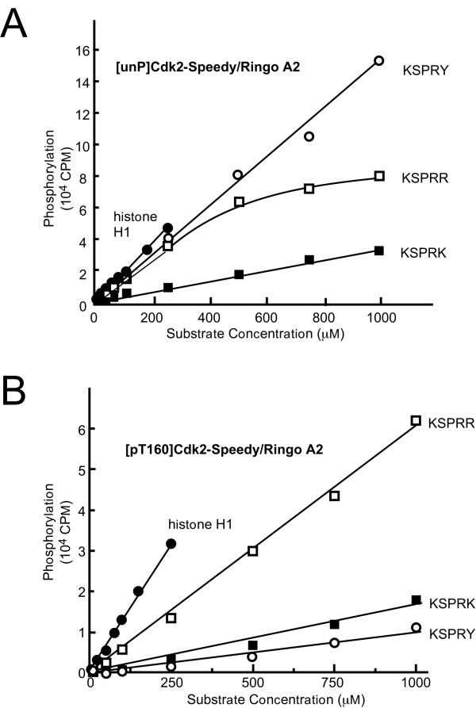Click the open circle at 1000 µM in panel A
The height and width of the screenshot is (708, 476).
(379, 60)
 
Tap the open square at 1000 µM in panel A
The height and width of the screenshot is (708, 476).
(379, 176)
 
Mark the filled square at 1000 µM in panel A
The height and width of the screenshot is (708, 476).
(379, 251)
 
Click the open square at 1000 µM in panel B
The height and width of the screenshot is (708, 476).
(415, 420)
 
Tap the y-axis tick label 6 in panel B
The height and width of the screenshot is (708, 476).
(75, 429)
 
